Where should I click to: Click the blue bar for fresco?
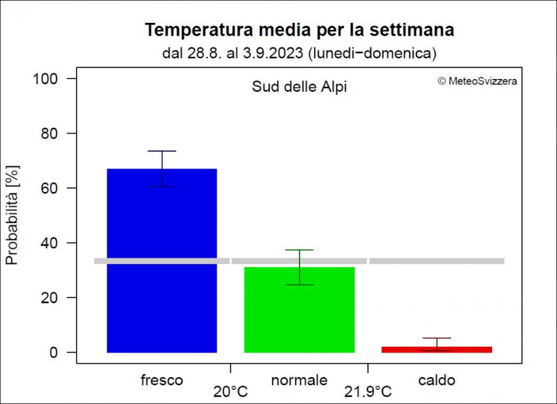[162, 261]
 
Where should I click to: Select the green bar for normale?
[299, 310]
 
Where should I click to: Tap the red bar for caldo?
[437, 349]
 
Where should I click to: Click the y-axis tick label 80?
[49, 133]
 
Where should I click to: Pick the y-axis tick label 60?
[49, 188]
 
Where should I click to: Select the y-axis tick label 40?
[49, 243]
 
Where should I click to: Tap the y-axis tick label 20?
[49, 297]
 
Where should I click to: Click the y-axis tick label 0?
[53, 352]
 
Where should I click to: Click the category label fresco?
[162, 380]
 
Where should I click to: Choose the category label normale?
[299, 380]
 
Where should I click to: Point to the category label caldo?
[437, 380]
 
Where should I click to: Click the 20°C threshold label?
[230, 391]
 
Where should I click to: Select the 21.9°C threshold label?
[368, 391]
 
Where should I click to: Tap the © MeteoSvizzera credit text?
[477, 81]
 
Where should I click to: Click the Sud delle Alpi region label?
[299, 86]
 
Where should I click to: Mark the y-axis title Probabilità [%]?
[12, 215]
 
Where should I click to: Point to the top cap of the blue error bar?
[162, 151]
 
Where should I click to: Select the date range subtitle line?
[299, 53]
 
